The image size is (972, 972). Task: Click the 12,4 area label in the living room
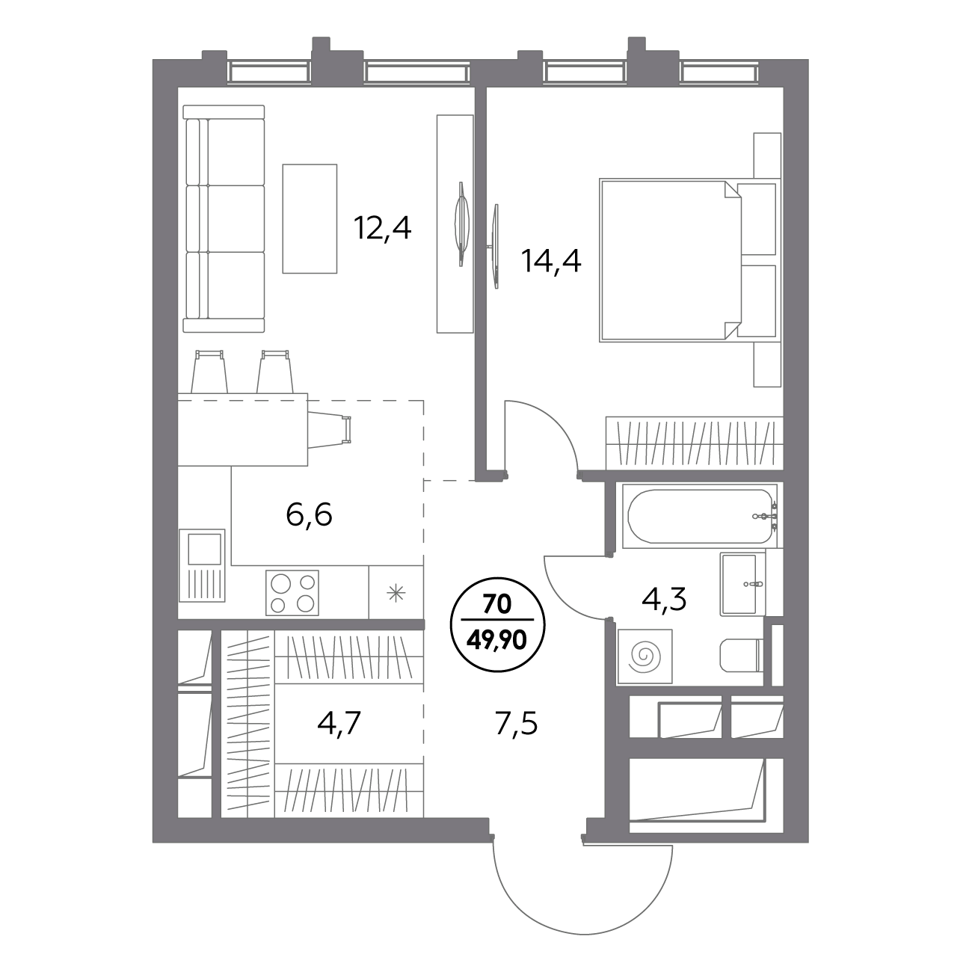coord(382,229)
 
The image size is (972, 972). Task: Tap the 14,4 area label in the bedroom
coord(551,261)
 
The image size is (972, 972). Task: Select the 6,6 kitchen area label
coord(309,515)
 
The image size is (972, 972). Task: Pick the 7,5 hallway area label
coord(515,725)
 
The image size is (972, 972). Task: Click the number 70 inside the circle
coord(497,604)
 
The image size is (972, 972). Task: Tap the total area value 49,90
coord(497,641)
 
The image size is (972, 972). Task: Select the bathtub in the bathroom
coord(700,516)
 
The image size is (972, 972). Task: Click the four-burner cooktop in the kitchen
coord(292,593)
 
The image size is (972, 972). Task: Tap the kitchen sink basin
coord(204,549)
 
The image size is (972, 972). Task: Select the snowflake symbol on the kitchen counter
coord(396,593)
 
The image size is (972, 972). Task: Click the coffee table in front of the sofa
coord(310,218)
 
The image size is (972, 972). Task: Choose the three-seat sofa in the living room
coord(224,218)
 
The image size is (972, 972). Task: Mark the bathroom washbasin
coord(742,584)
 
